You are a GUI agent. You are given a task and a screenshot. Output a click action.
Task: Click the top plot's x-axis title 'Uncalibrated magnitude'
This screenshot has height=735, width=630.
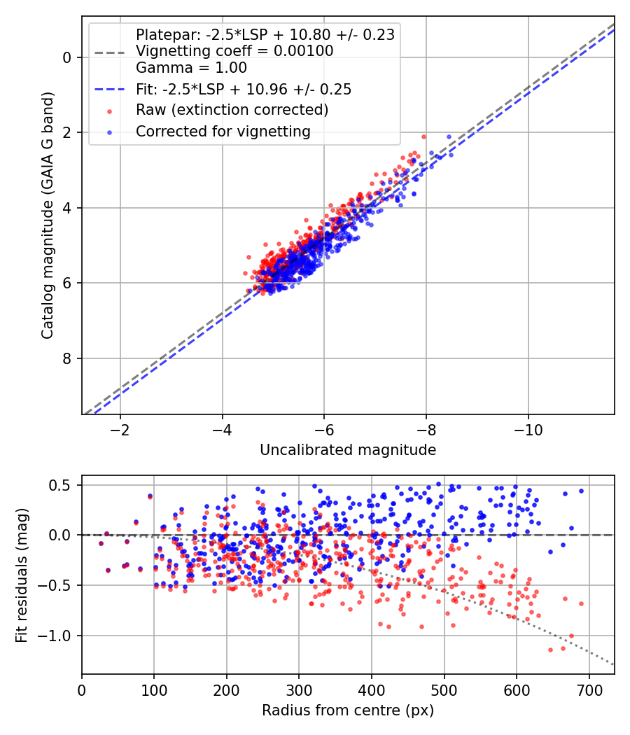click(x=348, y=449)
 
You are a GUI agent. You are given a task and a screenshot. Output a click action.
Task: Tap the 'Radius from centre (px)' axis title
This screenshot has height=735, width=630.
click(x=348, y=710)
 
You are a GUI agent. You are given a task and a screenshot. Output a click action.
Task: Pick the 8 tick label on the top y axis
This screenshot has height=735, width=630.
click(x=68, y=358)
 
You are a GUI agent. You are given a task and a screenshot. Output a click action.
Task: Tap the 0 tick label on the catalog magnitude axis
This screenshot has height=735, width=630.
click(x=68, y=57)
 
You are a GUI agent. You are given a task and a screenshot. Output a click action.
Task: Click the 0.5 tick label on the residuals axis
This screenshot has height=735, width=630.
click(x=62, y=485)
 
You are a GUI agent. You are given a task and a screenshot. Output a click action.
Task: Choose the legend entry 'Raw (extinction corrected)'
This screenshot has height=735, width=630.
click(x=232, y=110)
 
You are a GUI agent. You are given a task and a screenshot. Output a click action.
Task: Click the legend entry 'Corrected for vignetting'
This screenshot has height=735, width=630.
click(x=223, y=131)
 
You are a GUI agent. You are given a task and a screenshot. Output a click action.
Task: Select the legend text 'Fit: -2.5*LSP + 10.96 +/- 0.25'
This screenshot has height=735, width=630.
click(x=243, y=89)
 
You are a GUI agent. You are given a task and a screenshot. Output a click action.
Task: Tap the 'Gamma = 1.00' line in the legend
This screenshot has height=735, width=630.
click(x=191, y=69)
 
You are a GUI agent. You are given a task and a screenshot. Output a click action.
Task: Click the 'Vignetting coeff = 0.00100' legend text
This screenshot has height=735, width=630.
click(x=234, y=51)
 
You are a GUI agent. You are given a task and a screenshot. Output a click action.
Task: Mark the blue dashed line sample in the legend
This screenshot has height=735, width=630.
click(x=111, y=89)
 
